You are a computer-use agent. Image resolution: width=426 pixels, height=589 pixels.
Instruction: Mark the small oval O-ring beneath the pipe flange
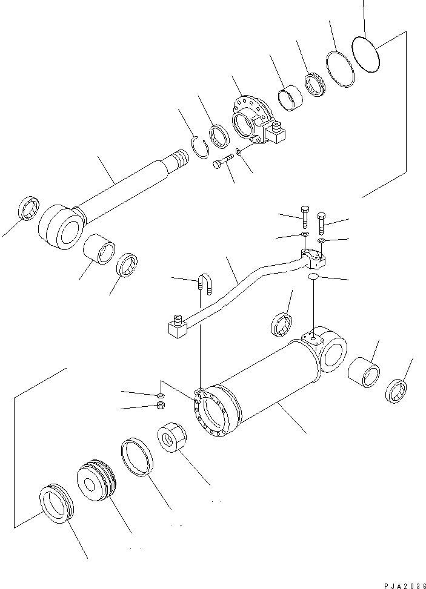tap(313, 277)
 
